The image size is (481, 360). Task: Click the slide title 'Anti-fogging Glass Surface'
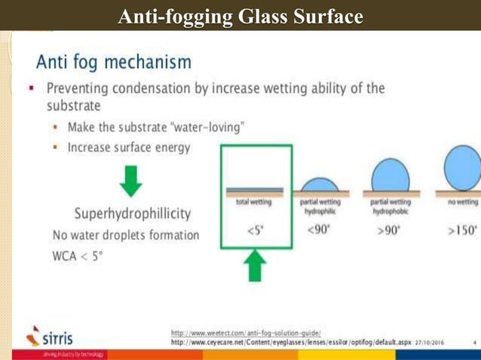tap(240, 16)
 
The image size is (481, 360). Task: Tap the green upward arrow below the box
tap(256, 267)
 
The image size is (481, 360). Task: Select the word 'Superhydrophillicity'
tap(132, 214)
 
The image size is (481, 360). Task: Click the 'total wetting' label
tap(253, 202)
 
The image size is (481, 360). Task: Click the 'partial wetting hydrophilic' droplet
tap(320, 185)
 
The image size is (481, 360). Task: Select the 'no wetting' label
tap(462, 202)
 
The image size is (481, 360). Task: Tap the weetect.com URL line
tap(247, 332)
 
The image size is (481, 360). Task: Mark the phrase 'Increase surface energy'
tap(128, 147)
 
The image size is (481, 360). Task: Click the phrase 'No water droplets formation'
tap(125, 235)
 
